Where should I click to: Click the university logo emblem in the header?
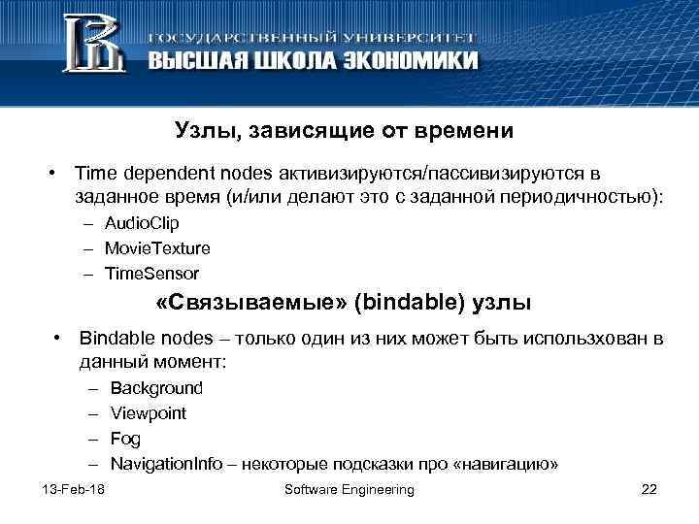[x=93, y=45]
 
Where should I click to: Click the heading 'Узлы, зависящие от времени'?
[x=343, y=130]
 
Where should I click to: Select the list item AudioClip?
[x=143, y=223]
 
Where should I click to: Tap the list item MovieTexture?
[x=157, y=248]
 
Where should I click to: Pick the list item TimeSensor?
[x=153, y=274]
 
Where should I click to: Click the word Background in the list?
[x=156, y=388]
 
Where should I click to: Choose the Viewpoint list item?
[x=149, y=413]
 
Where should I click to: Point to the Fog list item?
[x=125, y=439]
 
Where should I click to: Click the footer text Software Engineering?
[x=349, y=489]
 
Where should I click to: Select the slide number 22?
[x=649, y=489]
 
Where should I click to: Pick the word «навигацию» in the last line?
[x=510, y=464]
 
